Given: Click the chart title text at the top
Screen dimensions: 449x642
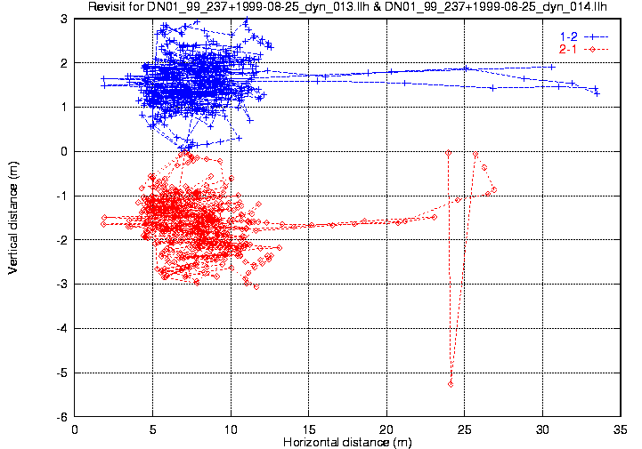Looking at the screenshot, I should click(x=347, y=7).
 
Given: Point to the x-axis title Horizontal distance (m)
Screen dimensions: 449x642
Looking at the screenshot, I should click(x=347, y=442).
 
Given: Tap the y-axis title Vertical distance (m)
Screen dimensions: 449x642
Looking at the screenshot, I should click(x=12, y=217).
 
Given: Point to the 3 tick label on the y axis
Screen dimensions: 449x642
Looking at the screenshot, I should click(x=64, y=19).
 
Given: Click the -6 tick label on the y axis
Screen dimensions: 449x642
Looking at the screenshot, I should click(x=61, y=417).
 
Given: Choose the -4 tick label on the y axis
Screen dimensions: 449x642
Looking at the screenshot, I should click(x=61, y=329).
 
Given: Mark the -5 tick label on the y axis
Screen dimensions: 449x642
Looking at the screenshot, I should click(x=61, y=373).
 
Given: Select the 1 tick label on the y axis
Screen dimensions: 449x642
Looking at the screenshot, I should click(x=64, y=108).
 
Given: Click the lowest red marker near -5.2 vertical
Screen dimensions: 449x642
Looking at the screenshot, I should click(x=451, y=383).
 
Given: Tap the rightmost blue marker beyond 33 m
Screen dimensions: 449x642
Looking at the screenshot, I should click(x=597, y=93).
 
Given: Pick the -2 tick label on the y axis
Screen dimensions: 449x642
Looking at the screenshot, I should click(x=61, y=240).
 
